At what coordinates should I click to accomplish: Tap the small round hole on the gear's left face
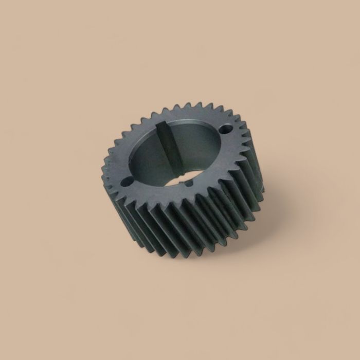pos(127,182)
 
